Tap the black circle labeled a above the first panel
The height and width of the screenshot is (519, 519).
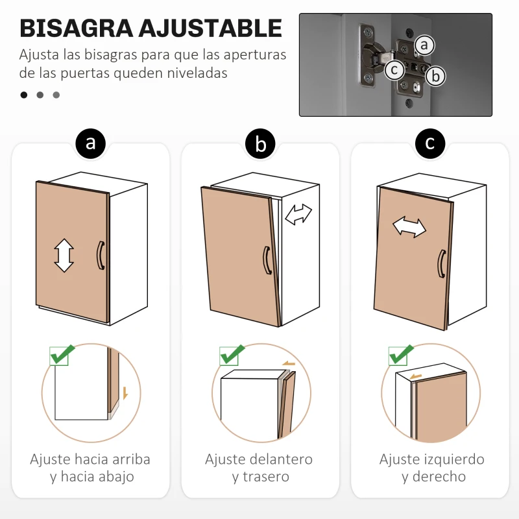pos(91,142)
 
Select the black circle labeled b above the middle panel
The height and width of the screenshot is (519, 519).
pos(260,144)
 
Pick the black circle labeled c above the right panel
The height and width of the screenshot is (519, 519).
pos(430,142)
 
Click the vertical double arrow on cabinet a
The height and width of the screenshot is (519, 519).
pos(64,255)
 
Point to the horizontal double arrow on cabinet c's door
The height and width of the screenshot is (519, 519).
pos(409,227)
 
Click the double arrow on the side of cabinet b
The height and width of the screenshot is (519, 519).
pos(298,214)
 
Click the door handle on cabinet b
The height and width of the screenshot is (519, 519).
pos(267,260)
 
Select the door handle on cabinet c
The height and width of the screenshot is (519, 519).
pos(441,264)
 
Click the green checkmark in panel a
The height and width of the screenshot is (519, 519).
pos(61,355)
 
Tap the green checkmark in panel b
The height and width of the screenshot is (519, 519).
pos(232,355)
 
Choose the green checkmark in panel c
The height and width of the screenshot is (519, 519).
pos(401,355)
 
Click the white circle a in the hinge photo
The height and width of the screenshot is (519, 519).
pos(424,45)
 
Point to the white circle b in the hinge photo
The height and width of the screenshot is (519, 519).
pos(436,76)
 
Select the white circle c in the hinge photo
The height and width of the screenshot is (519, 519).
pos(394,69)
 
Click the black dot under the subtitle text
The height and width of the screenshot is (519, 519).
pos(24,95)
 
